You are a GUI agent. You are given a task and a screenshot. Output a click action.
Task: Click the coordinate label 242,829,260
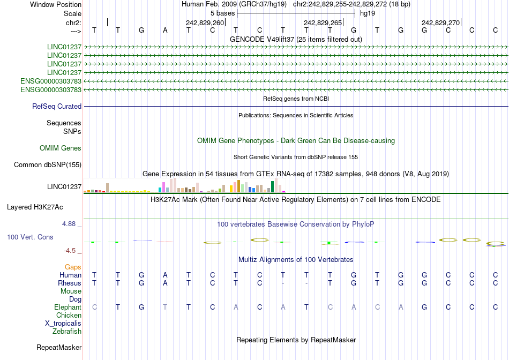[x=205, y=22]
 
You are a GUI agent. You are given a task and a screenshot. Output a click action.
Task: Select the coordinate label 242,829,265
[x=323, y=22]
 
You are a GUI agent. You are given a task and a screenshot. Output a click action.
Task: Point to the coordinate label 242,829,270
[x=440, y=22]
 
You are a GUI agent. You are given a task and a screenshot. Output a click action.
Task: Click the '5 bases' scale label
[x=222, y=13]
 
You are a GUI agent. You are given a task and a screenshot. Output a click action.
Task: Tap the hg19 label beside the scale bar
[x=367, y=13]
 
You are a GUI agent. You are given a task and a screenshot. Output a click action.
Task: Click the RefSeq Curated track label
[x=57, y=107]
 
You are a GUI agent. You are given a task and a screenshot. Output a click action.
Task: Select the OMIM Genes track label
[x=61, y=148]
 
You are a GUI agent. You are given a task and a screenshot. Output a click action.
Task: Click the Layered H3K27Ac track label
[x=35, y=207]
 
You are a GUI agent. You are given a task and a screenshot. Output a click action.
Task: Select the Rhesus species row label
[x=70, y=283]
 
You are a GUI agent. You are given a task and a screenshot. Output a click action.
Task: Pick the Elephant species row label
[x=68, y=307]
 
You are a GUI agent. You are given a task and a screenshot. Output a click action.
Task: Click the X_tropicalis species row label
[x=63, y=323]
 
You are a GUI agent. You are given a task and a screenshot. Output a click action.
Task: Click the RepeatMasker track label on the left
[x=59, y=348]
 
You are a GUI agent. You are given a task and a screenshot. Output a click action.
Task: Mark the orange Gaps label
[x=73, y=267]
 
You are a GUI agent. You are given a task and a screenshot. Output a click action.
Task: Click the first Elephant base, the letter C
[x=94, y=307]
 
